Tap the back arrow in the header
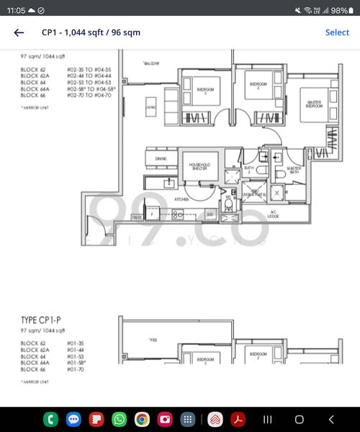click(19, 32)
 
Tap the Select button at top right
click(337, 32)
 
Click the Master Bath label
click(294, 170)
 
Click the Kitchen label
click(181, 199)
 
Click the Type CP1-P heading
click(44, 320)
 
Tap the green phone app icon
click(51, 419)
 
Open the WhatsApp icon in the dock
click(119, 419)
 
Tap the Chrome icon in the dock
click(142, 419)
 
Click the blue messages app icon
click(73, 419)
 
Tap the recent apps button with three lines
click(267, 419)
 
